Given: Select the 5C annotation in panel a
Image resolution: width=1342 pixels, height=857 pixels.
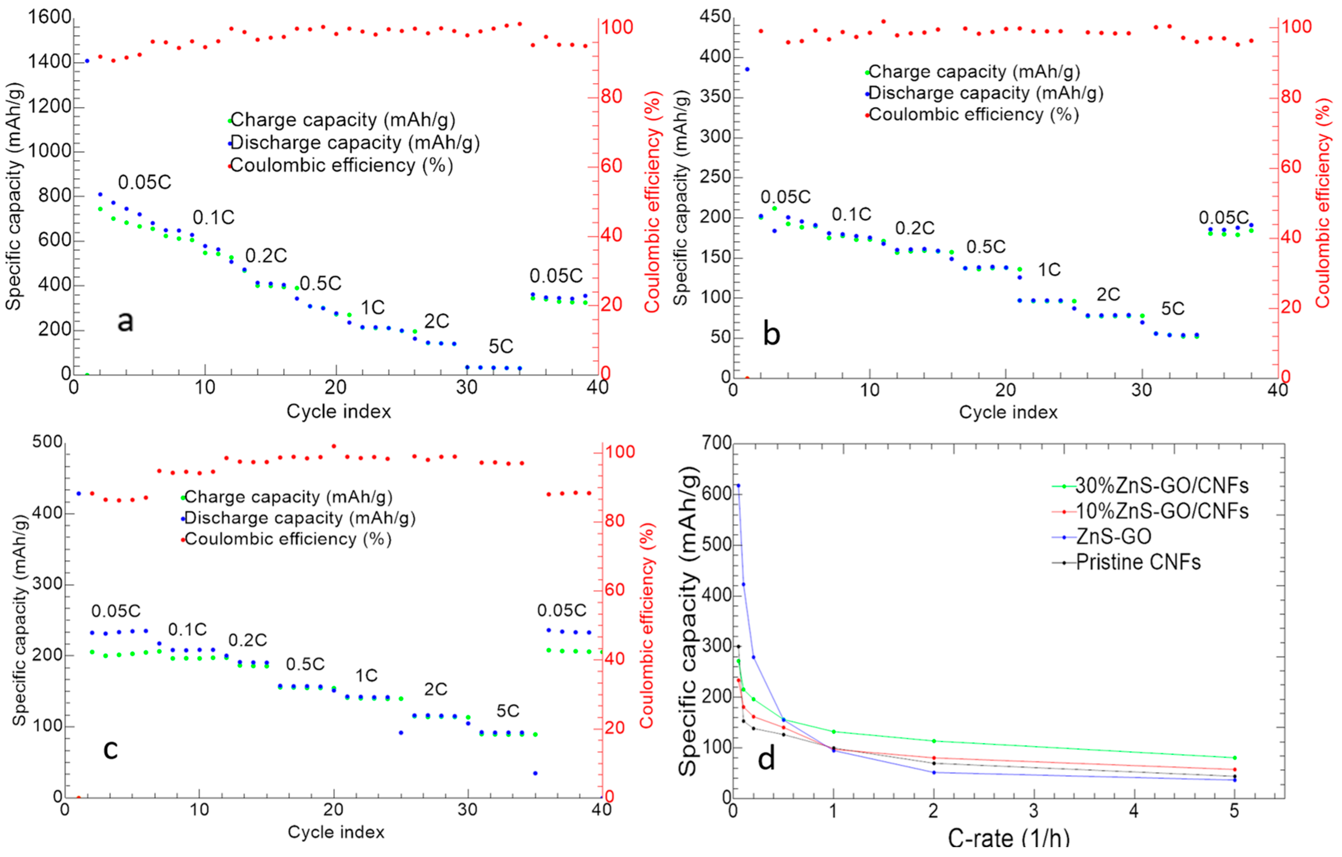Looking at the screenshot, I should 501,347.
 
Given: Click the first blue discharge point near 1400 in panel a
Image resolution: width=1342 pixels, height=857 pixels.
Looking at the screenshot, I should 87,61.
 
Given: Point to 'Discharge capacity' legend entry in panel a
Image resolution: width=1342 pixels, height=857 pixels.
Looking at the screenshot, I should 355,143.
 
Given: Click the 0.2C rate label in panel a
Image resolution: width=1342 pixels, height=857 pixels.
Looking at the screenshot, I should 266,256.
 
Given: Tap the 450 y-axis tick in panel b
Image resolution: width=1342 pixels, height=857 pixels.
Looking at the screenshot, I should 715,17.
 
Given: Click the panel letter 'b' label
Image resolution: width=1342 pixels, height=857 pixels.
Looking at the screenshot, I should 771,334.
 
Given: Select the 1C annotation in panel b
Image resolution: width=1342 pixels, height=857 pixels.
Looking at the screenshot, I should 1049,270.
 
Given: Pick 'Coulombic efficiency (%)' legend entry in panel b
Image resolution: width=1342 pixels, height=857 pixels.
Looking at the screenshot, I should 973,115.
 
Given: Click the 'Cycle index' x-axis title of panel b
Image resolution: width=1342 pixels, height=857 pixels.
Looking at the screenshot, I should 1008,412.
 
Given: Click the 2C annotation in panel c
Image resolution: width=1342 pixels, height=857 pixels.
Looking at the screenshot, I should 435,689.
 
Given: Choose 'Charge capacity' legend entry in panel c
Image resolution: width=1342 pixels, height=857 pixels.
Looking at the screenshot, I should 288,497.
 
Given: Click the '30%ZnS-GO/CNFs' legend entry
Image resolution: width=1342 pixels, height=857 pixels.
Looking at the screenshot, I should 1162,486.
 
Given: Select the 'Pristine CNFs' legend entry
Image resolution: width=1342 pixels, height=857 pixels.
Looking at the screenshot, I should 1138,562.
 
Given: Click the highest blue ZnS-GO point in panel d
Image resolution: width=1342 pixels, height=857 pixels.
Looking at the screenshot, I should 738,485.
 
